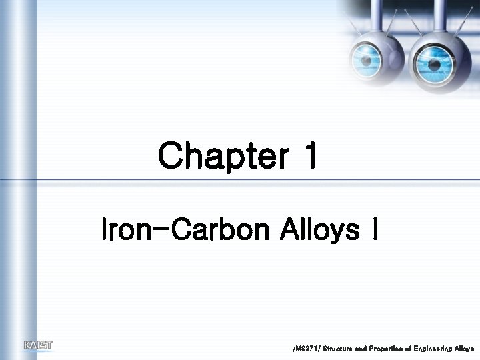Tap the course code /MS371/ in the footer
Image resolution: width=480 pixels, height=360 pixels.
click(306, 349)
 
